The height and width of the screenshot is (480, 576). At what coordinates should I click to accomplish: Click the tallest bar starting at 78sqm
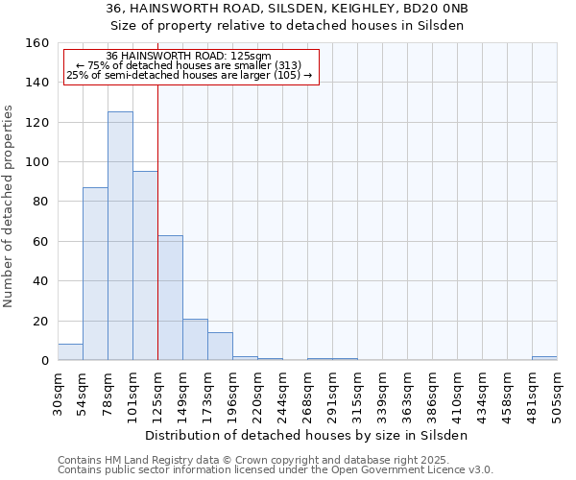120,236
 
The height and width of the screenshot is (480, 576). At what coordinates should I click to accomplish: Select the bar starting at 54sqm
95,274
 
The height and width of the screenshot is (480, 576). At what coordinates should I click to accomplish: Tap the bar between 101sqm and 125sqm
145,266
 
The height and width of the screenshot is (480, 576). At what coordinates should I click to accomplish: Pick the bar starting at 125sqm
170,298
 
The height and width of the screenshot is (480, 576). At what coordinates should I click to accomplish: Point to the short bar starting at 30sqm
70,352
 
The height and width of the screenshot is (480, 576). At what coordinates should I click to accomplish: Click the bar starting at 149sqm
195,340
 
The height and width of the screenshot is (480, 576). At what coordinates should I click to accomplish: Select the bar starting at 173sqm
220,347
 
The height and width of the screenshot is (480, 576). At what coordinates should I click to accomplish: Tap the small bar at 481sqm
544,358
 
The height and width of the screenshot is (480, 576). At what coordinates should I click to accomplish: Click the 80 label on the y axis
40,202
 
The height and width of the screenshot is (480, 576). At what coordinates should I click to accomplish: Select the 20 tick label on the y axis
40,321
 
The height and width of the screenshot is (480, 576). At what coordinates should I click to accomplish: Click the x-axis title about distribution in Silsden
306,435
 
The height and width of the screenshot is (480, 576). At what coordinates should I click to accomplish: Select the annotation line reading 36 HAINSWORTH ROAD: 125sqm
189,56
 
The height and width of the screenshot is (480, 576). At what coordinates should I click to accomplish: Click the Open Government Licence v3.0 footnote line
276,470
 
